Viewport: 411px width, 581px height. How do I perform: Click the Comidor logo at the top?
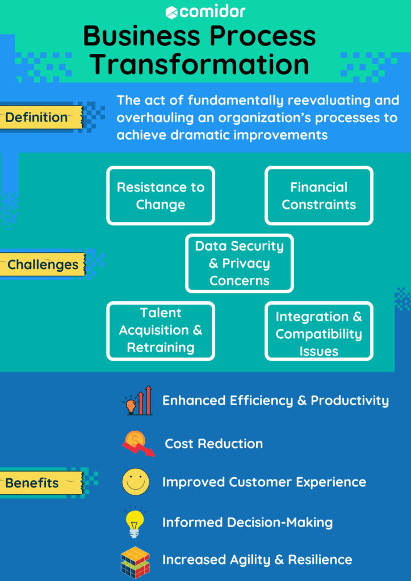[205, 11]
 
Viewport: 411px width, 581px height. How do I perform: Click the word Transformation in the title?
[200, 64]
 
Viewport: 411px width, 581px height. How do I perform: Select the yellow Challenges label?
[43, 265]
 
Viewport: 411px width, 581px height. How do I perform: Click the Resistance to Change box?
[161, 196]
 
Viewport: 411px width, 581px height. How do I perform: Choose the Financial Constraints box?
[318, 196]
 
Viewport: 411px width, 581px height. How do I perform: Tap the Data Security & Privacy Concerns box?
[239, 263]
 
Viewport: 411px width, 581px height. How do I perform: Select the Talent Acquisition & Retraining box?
[161, 331]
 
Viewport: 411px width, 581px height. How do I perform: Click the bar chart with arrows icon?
[137, 401]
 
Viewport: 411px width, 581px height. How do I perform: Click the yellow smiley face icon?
[135, 482]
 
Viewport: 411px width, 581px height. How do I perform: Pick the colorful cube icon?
[135, 561]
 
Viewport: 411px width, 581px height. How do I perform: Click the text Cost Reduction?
[213, 444]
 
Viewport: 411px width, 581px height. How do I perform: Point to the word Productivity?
[350, 401]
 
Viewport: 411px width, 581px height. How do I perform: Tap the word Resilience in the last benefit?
[320, 560]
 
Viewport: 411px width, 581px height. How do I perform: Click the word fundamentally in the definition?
[237, 100]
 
